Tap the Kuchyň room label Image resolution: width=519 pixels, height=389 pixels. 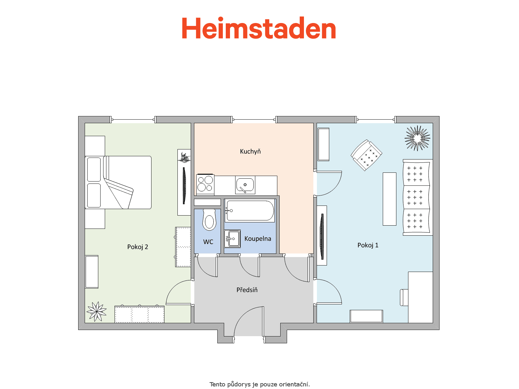250,151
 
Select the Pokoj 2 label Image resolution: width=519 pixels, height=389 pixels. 138,247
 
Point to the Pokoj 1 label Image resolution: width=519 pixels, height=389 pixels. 368,245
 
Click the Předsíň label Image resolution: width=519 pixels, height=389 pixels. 247,289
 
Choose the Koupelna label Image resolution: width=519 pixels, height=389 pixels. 258,239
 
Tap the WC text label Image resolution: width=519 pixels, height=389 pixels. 208,242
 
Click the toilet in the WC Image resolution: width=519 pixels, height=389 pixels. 209,220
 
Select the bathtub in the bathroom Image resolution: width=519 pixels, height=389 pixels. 250,210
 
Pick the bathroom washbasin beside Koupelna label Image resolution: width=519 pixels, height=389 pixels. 232,239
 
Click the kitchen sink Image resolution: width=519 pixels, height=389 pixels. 245,185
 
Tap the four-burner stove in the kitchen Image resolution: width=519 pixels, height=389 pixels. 205,184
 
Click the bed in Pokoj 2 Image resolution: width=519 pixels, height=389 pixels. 118,182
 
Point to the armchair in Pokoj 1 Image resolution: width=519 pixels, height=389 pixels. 366,155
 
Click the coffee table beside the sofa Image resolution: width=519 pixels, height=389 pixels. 390,199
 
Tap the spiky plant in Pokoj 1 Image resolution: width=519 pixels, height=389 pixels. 417,138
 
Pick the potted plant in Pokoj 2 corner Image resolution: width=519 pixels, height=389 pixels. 96,312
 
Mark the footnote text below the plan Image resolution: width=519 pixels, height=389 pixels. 259,384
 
